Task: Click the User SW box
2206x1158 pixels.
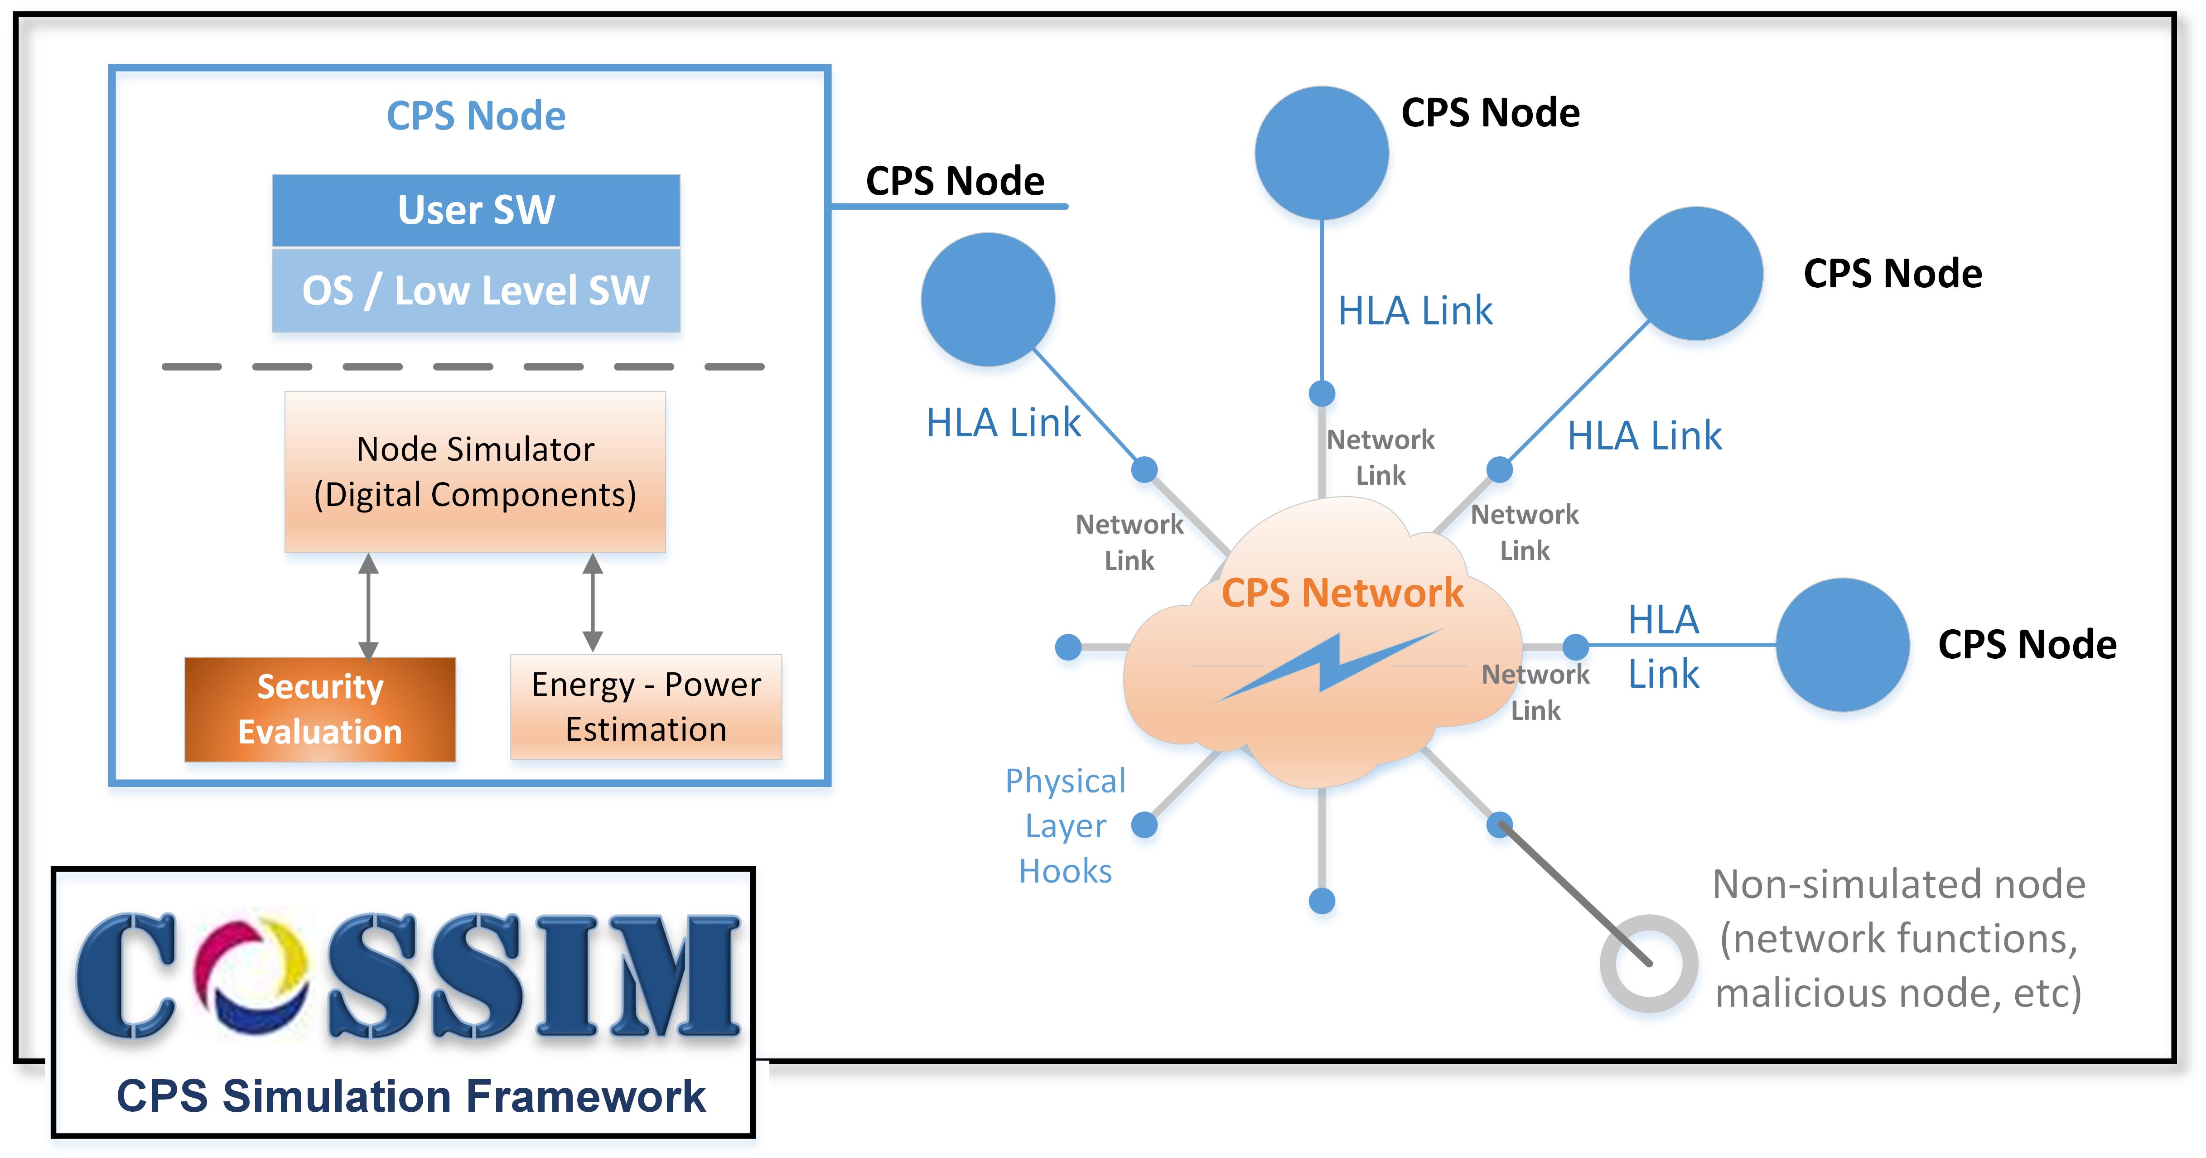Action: pyautogui.click(x=476, y=210)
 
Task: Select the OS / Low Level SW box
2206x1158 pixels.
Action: pyautogui.click(x=476, y=290)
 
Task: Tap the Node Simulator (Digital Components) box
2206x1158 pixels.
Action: pyautogui.click(x=475, y=472)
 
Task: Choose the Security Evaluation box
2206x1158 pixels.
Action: pyautogui.click(x=320, y=709)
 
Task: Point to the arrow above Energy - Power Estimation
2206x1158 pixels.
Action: pyautogui.click(x=593, y=602)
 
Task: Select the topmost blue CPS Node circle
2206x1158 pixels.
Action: pyautogui.click(x=1321, y=153)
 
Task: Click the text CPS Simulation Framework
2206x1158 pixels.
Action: pyautogui.click(x=411, y=1096)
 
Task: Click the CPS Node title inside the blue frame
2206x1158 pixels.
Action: pyautogui.click(x=476, y=116)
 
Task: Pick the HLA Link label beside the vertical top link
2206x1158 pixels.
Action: pyautogui.click(x=1415, y=311)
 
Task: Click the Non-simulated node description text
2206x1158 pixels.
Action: pyautogui.click(x=1898, y=939)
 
